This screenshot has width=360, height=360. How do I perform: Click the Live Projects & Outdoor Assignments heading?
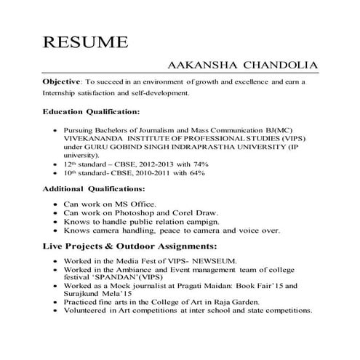129,246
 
